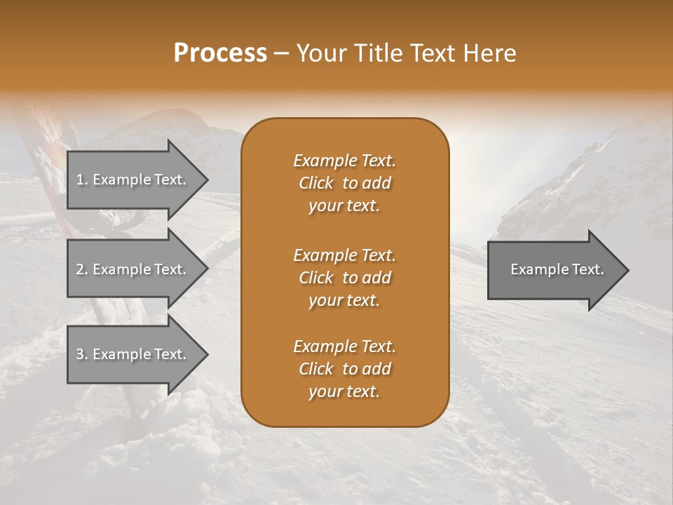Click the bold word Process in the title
(x=220, y=53)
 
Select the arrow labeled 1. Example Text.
(x=130, y=180)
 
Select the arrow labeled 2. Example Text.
(x=130, y=269)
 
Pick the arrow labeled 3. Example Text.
(x=130, y=354)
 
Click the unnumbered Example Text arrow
(x=557, y=269)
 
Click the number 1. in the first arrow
(x=81, y=180)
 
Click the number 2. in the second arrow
(x=81, y=269)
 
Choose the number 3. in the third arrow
(x=81, y=354)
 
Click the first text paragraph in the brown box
(x=344, y=183)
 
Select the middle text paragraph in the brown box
(x=344, y=277)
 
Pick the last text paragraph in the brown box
(x=344, y=369)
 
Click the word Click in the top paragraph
(x=315, y=183)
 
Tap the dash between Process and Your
(x=282, y=53)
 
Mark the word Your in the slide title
(x=320, y=53)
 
